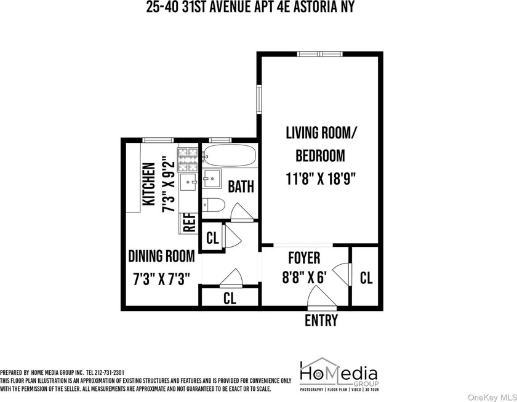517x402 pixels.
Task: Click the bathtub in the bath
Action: (230, 155)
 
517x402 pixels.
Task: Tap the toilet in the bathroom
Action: (213, 205)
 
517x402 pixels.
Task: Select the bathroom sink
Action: (212, 179)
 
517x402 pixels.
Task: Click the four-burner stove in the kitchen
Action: (188, 160)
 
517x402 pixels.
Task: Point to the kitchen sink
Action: (188, 182)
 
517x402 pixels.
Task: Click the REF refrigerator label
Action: (190, 223)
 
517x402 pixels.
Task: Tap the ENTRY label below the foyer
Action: (321, 321)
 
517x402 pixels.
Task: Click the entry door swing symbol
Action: (321, 297)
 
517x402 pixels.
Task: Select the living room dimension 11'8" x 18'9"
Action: (321, 179)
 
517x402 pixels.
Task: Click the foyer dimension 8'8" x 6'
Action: (304, 277)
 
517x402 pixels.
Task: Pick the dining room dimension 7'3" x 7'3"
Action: (161, 279)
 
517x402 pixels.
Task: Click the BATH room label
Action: (241, 187)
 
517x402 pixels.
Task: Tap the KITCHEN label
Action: (149, 183)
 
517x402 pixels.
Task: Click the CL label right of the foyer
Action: (366, 278)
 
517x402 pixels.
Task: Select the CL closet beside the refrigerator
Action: (212, 238)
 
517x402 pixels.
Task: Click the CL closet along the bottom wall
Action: (230, 298)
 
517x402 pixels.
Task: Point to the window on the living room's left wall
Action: (259, 99)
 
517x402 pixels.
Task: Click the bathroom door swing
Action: (242, 212)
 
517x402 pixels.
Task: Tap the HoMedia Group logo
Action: (339, 376)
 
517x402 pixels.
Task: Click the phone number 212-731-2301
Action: (109, 372)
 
